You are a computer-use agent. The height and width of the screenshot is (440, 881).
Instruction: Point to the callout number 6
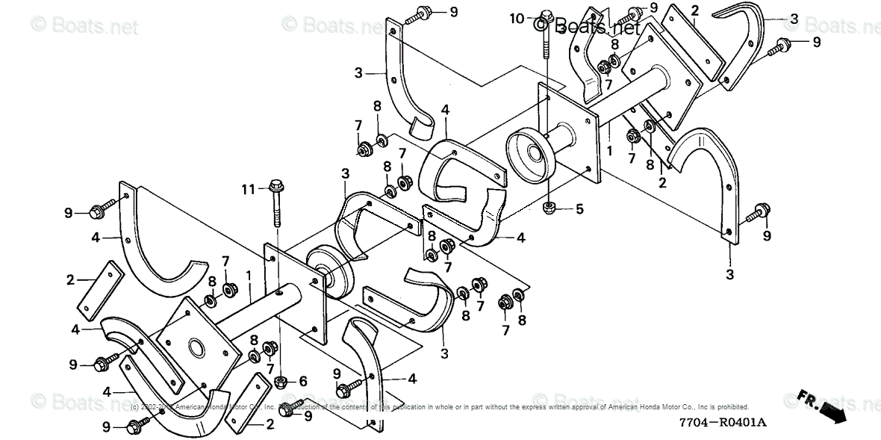pyautogui.click(x=303, y=381)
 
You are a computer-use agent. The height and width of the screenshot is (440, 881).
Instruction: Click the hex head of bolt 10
pyautogui.click(x=546, y=15)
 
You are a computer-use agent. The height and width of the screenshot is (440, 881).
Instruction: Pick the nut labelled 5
pyautogui.click(x=549, y=206)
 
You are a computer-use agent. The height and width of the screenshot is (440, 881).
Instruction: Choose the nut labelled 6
pyautogui.click(x=281, y=382)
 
